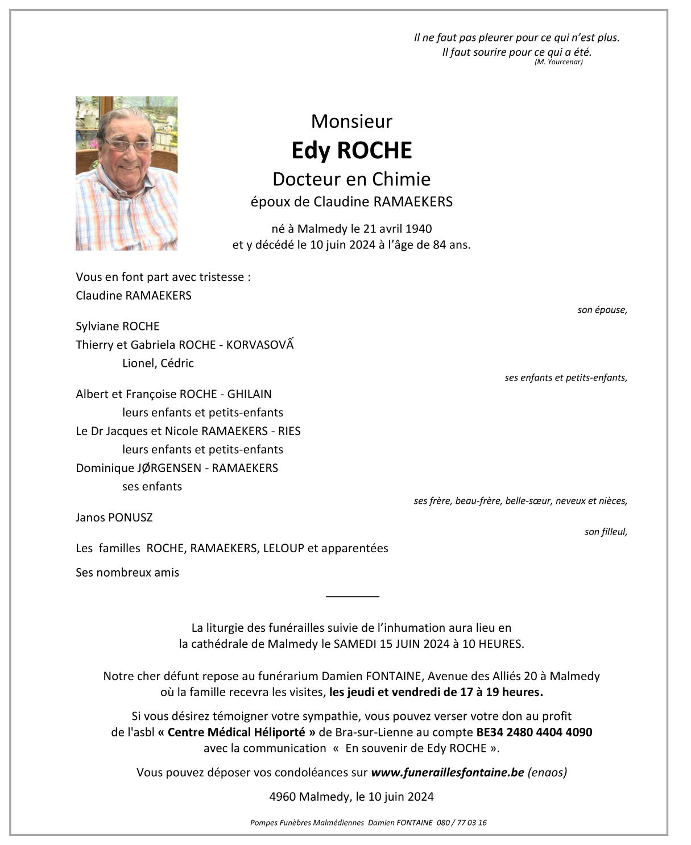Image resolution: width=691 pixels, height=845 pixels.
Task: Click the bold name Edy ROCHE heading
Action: [x=351, y=151]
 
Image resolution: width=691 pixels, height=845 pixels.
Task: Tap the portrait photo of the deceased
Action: [x=126, y=173]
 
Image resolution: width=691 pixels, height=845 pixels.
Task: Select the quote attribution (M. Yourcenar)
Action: [x=558, y=62]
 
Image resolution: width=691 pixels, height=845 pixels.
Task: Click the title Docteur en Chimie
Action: [x=351, y=179]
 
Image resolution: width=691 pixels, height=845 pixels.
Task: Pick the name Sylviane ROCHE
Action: [x=118, y=326]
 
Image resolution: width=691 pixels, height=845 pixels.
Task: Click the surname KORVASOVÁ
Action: [x=260, y=345]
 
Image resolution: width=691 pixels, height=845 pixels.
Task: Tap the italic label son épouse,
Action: [x=602, y=310]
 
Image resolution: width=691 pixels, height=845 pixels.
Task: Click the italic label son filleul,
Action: [x=606, y=532]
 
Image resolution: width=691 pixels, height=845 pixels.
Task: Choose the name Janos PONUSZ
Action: [x=114, y=517]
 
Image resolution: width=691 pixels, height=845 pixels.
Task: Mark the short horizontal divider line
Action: [x=353, y=596]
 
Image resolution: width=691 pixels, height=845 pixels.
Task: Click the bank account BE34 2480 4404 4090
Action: [x=534, y=732]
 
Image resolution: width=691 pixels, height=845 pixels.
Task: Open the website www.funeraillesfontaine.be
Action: [x=447, y=773]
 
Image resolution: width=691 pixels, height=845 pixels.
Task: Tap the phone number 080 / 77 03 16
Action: [x=462, y=823]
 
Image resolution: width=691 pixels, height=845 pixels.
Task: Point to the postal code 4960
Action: [x=282, y=797]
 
